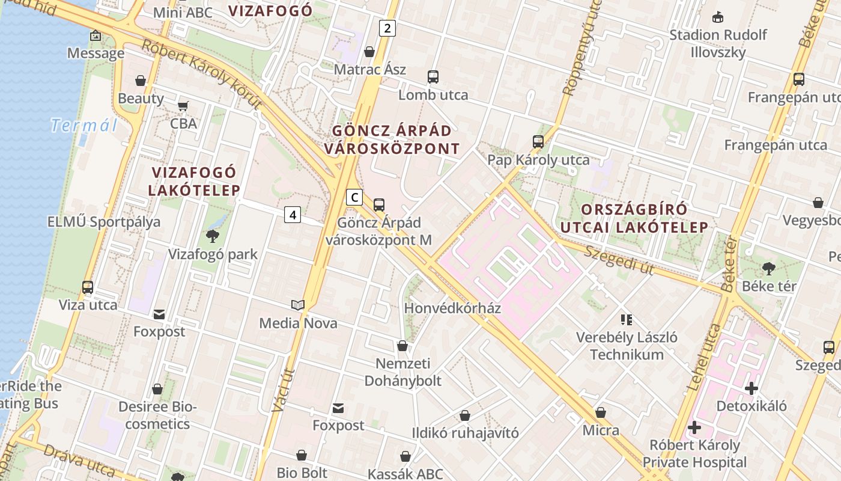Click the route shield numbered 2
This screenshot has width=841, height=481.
click(387, 28)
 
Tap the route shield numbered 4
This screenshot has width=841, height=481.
click(293, 214)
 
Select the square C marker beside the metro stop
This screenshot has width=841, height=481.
click(354, 197)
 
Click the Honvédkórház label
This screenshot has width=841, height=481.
click(452, 308)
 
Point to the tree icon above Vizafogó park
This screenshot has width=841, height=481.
click(212, 236)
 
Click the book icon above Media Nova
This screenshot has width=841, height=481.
click(298, 305)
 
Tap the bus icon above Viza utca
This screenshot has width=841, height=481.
click(88, 287)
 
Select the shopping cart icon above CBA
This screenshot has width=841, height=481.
click(183, 106)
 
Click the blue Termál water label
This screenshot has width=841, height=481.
click(84, 125)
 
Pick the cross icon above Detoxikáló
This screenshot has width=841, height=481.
click(751, 388)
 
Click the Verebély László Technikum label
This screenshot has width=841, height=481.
click(627, 346)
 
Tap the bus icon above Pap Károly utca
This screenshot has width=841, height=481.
click(538, 142)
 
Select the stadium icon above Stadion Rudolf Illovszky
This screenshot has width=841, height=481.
click(718, 17)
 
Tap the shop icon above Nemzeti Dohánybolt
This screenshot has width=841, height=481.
click(402, 346)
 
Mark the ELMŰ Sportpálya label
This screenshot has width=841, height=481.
click(104, 222)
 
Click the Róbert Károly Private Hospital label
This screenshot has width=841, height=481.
click(694, 454)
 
